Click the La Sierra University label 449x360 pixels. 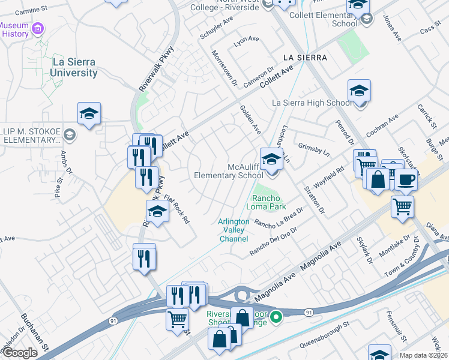coord(67,67)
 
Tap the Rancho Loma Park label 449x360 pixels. coord(268,202)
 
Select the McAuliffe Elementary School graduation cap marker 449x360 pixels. coord(271,159)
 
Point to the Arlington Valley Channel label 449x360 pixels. coord(234,230)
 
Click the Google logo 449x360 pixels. coord(19,353)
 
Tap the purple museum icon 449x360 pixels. coord(38,28)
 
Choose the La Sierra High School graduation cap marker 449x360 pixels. coord(359,91)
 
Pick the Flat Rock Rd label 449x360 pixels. coord(176,208)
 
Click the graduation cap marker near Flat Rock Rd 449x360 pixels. coord(157,212)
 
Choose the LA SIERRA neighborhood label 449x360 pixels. coord(306,58)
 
